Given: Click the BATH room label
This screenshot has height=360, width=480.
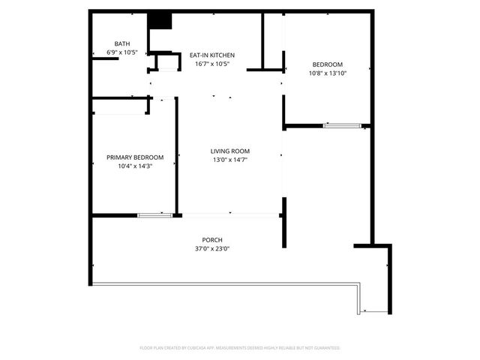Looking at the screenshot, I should [x=121, y=43].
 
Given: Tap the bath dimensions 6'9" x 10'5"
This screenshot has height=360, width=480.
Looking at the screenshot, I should [x=121, y=52].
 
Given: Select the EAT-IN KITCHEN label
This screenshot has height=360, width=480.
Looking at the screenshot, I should [x=212, y=55].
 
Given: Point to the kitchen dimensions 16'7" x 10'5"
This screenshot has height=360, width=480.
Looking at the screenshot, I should [x=212, y=64].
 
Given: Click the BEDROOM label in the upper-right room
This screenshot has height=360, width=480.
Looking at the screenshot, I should [x=327, y=64].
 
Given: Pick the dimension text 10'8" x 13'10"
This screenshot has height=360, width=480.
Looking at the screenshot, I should [x=327, y=73].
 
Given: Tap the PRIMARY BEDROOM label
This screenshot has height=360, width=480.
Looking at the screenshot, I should [x=135, y=157].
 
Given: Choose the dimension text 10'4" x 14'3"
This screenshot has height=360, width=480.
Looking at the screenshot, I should [x=135, y=166].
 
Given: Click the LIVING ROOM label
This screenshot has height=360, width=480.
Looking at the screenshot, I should [x=229, y=151].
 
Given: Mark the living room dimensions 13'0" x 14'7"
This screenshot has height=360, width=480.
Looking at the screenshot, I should [x=229, y=160].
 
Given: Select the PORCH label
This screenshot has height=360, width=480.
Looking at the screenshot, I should [x=212, y=240].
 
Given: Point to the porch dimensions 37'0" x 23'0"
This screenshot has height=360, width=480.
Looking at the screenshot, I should [x=212, y=249].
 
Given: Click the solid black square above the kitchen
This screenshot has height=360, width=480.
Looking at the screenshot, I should [x=159, y=21].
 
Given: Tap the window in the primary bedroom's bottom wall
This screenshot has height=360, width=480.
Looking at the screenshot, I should [x=155, y=216].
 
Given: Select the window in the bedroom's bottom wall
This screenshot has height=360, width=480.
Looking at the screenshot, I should [x=341, y=125].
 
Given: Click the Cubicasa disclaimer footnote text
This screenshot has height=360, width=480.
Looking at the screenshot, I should [x=240, y=348].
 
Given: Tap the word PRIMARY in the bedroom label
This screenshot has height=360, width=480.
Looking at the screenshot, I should [x=120, y=157].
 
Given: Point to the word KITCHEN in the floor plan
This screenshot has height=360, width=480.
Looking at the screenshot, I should [x=223, y=55].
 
